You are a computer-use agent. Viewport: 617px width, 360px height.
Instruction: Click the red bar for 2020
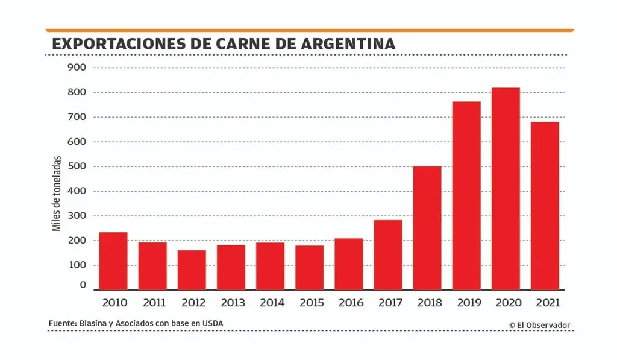point(506,189)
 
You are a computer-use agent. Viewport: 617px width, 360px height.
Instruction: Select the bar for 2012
point(192,270)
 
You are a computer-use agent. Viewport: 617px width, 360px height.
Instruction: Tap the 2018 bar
point(427,228)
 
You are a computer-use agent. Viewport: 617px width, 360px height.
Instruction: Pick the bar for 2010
point(113,261)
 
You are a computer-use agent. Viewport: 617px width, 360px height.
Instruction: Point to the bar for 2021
point(545,206)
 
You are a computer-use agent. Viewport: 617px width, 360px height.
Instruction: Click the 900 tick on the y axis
point(77,68)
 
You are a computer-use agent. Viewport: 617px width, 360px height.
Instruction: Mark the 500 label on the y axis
point(77,166)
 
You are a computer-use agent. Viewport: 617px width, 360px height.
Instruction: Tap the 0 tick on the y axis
point(83,285)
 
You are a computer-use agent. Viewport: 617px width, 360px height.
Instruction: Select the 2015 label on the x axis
point(309,303)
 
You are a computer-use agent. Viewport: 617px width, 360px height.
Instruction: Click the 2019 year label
point(466,303)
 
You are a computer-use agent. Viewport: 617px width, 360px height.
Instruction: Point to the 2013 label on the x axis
point(231,303)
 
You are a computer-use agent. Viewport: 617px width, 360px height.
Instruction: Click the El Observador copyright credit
point(539,325)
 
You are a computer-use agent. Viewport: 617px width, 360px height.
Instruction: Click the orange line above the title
point(309,30)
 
